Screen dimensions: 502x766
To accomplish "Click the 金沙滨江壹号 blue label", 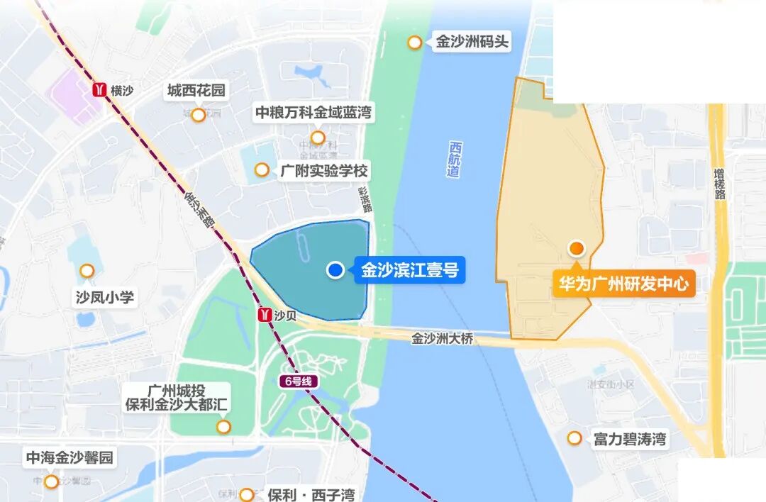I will point(410,270).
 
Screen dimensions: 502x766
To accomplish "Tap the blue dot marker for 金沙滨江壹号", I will point(335,270).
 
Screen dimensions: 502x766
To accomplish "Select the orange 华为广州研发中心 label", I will point(623,284).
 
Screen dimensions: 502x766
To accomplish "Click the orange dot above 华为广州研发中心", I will point(577,248).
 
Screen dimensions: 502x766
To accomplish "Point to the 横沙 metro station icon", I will point(100,90).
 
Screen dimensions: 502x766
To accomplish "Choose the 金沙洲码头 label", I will point(472,42).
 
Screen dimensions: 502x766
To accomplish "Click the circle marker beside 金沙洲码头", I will point(415,43).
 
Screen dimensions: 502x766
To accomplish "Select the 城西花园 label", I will point(196,91).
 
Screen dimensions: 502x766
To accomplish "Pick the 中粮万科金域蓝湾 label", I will point(313,113).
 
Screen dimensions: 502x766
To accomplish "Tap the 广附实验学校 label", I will point(324,171).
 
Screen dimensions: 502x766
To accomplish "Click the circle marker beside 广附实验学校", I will point(262,169).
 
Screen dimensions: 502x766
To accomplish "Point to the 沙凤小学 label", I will point(105,296).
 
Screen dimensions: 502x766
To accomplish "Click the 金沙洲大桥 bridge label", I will point(442,339).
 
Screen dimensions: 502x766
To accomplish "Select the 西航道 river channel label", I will point(455,160).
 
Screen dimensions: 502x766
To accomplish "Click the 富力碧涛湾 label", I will point(630,439).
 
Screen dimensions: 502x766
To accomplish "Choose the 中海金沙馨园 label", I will point(70,458).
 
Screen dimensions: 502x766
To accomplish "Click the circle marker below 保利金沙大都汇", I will point(224,427).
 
